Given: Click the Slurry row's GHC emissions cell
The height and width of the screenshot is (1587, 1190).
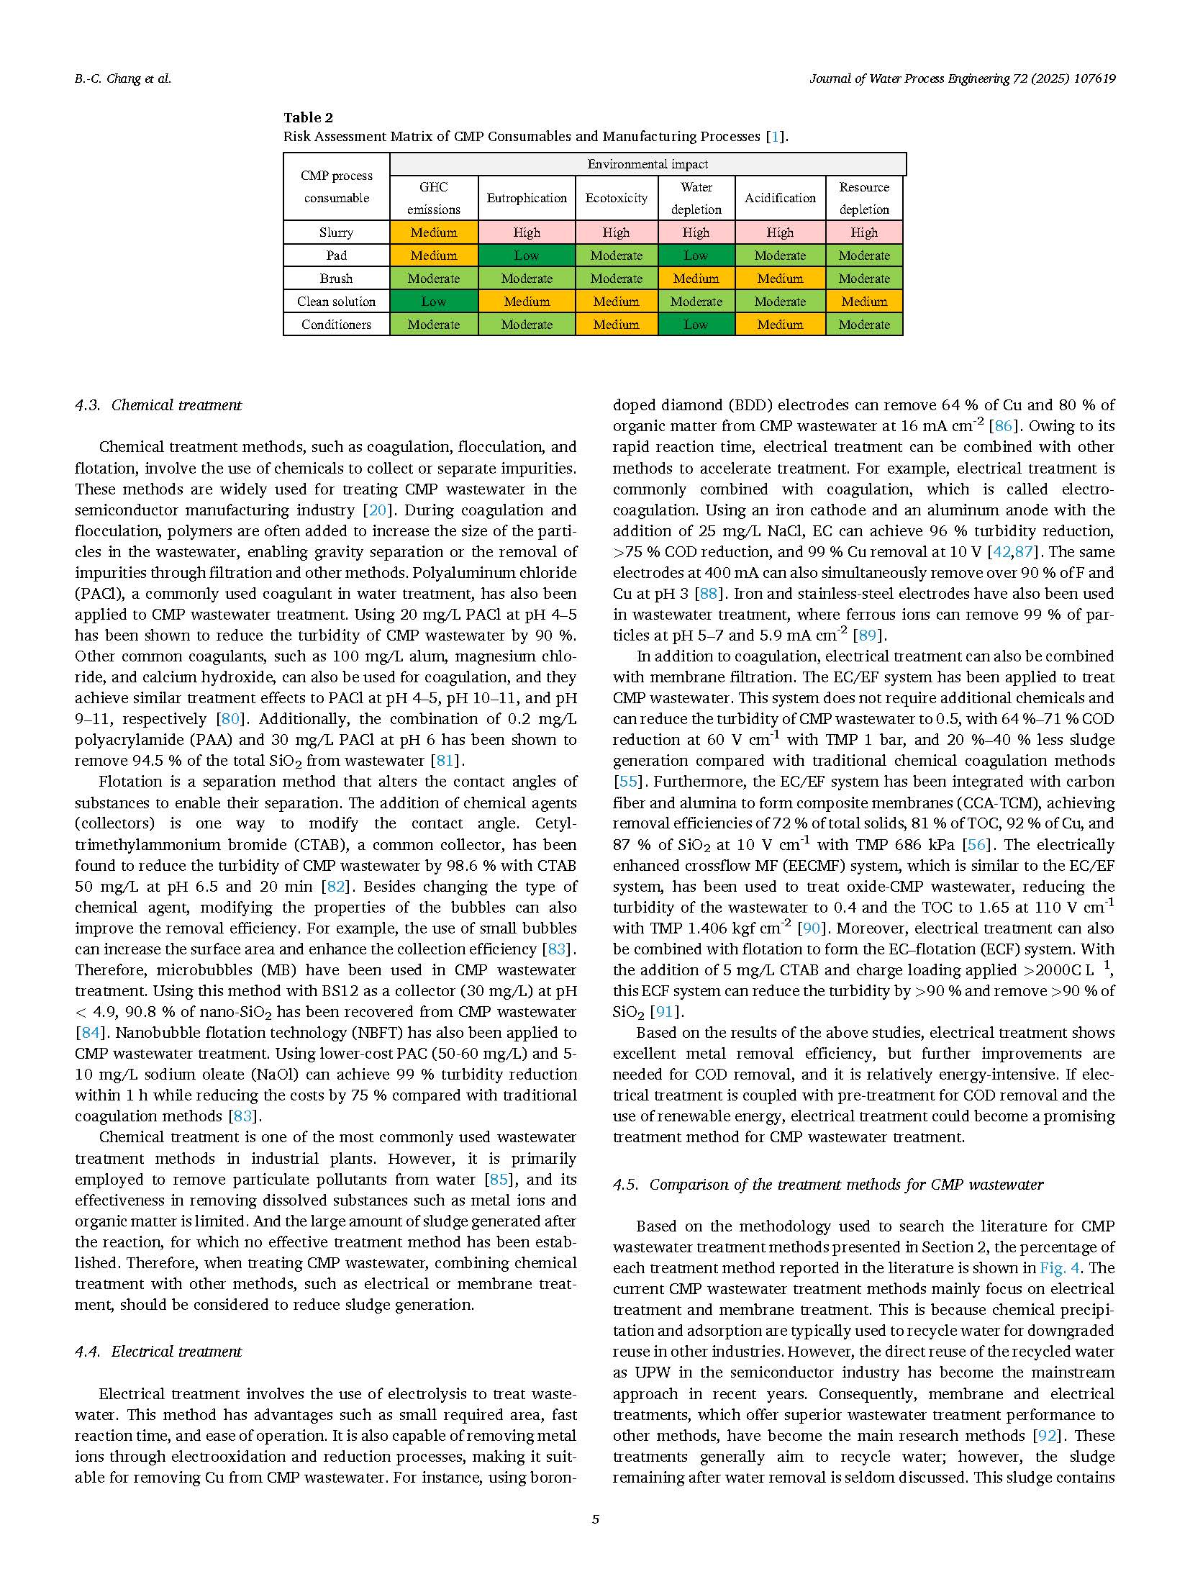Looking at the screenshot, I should [433, 232].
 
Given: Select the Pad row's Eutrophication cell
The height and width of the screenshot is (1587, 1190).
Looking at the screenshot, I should [527, 256].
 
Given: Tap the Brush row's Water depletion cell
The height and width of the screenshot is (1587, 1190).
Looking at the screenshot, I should [696, 279].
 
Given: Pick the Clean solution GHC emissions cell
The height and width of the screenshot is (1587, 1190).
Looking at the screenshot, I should [433, 302].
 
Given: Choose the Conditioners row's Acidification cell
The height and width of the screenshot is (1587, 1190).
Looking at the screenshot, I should [780, 325].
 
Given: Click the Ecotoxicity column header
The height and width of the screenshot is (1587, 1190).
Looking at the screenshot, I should [616, 198].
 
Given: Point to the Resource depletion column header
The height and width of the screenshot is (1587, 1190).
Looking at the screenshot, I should [864, 198].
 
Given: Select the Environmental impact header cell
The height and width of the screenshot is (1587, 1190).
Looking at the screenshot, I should [648, 164].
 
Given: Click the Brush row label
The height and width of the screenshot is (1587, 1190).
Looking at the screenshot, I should [336, 279].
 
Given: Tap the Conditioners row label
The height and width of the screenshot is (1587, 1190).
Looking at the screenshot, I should [336, 325].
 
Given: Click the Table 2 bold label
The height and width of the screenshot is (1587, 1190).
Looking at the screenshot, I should [308, 117].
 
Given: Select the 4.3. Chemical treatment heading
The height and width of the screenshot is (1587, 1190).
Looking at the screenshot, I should [158, 405].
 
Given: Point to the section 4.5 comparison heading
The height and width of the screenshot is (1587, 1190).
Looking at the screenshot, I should [827, 1185].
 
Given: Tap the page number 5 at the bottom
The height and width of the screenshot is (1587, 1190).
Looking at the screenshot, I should [595, 1519].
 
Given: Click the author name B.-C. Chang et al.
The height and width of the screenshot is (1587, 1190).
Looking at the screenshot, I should [123, 79].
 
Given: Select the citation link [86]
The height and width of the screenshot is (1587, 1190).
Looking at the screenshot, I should [1003, 426].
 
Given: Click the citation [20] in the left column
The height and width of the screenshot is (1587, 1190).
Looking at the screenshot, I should [377, 510].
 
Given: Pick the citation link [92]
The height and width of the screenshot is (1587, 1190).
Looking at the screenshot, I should [1046, 1435].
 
